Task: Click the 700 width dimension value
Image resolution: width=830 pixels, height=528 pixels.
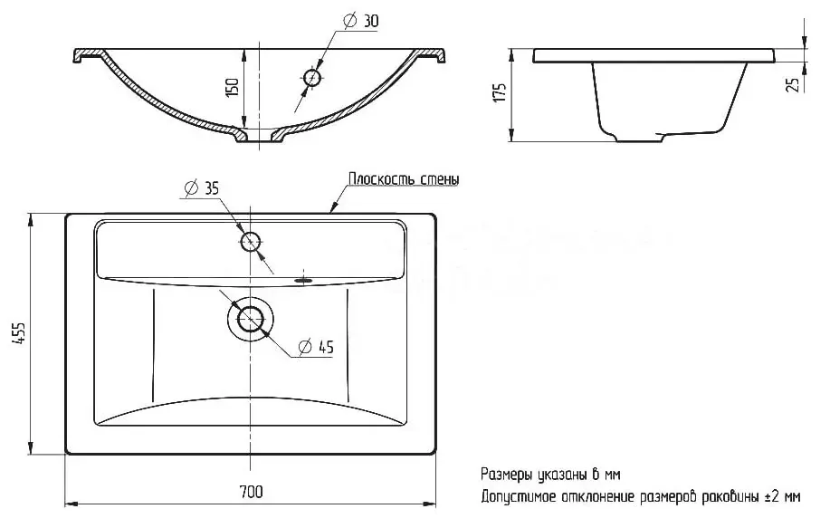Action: pos(251,492)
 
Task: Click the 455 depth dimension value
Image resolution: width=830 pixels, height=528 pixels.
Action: pos(19,333)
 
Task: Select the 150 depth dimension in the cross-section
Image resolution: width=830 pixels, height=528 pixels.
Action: pos(233,86)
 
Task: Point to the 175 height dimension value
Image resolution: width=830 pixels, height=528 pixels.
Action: pos(501,92)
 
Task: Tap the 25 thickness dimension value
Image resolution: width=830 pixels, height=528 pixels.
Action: pos(793,85)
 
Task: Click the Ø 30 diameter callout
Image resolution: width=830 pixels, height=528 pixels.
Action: pos(361,21)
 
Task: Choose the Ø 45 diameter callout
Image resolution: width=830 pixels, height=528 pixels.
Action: pos(316,347)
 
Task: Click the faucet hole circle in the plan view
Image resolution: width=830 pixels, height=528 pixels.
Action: pos(251,242)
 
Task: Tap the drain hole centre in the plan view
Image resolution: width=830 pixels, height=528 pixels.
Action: pos(251,319)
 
